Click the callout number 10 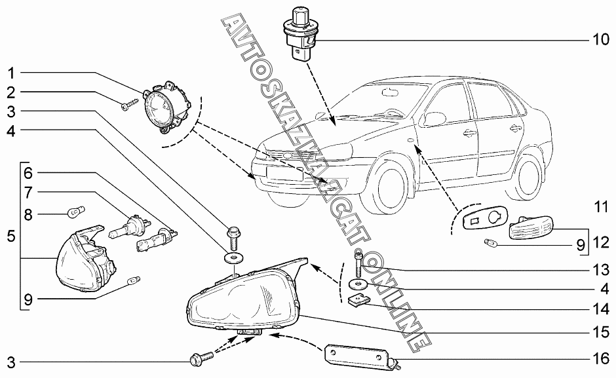(x=601, y=40)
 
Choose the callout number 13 (x=601, y=269)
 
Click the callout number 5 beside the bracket (x=11, y=236)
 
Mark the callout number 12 (x=601, y=243)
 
